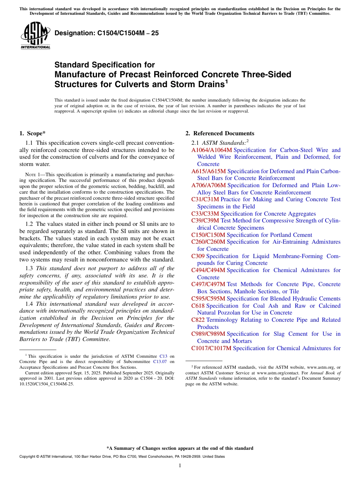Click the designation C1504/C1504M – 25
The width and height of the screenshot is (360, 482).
tap(106, 33)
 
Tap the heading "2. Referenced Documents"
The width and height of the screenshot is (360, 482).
tap(219, 133)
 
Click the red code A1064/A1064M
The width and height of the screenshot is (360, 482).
tap(211, 150)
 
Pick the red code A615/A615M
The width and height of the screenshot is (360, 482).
tap(208, 171)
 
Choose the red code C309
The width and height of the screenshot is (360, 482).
tap(198, 256)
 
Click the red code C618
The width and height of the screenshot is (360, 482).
tap(198, 306)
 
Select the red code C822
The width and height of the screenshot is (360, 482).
tap(198, 320)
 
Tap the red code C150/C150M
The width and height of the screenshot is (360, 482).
tap(208, 235)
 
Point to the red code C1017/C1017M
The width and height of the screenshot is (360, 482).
tap(211, 348)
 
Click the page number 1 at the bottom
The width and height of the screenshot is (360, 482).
tap(180, 466)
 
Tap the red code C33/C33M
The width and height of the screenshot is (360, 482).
tap(205, 214)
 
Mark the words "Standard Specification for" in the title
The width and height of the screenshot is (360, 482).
tap(105, 65)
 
